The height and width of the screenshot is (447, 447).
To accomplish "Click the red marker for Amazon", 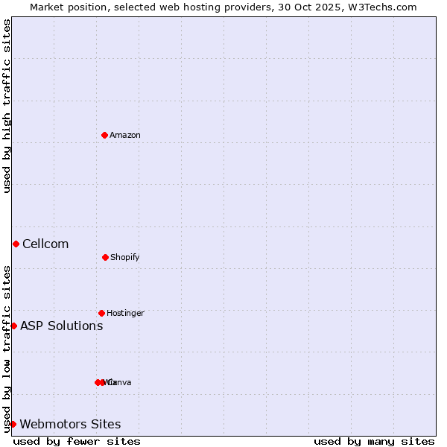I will pos(105,135).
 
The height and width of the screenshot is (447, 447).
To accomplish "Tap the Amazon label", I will pos(124,136).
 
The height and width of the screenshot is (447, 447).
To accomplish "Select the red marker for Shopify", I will pos(105,257).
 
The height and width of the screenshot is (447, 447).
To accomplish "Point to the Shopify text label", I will pos(124,258).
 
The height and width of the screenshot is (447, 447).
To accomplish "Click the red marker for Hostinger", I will pos(101,313).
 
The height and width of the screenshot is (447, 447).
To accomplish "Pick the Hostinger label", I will pos(125,314).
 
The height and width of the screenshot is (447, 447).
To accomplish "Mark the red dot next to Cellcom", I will pos(16,244).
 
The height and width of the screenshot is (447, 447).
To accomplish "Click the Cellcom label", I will pos(45,244).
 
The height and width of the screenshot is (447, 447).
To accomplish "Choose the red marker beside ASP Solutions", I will pos(13,326).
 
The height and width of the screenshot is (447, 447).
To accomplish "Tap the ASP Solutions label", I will pos(61,326).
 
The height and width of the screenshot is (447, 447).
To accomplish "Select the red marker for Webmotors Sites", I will pos(13,424).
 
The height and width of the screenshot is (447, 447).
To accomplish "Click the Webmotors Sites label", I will pos(70,425).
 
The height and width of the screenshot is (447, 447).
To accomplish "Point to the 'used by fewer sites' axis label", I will pos(77,441).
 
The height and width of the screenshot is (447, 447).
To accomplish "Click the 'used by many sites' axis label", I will pos(374,441).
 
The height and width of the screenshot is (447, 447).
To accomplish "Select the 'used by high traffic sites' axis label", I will pos(7,106).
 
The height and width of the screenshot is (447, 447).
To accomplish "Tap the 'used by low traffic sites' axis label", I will pos(7,349).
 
